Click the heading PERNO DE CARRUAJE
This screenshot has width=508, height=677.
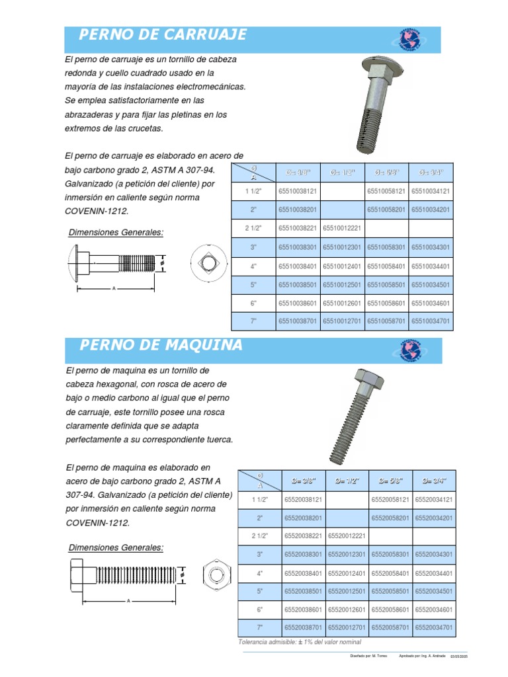click(x=163, y=35)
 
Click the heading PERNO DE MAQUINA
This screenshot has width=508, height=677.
click(x=161, y=345)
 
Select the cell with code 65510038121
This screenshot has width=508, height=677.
click(x=298, y=191)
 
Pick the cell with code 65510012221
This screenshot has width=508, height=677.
click(x=343, y=228)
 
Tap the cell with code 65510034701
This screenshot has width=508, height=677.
click(x=431, y=321)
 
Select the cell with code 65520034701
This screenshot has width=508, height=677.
click(x=435, y=627)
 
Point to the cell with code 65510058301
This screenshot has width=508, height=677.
click(x=386, y=247)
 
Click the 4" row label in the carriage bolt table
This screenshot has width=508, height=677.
click(x=253, y=266)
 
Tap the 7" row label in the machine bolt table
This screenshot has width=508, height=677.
click(x=259, y=627)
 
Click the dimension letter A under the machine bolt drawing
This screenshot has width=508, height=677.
click(x=128, y=601)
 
